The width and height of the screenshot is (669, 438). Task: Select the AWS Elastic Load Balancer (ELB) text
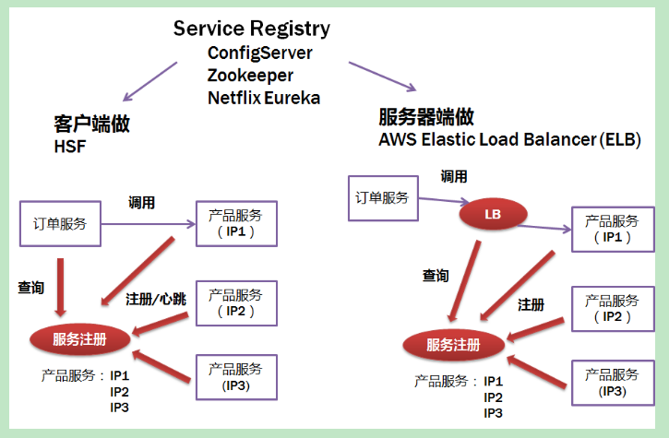click(509, 140)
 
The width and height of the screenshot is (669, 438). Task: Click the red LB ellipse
click(492, 216)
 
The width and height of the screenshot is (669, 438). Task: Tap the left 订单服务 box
click(60, 224)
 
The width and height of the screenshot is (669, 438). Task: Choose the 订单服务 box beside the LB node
click(382, 198)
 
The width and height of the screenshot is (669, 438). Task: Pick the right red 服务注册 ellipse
click(453, 345)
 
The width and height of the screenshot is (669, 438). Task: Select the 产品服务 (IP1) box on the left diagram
click(235, 222)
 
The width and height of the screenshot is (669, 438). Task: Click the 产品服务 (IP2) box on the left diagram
click(235, 302)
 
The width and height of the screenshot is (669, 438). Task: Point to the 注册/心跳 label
click(155, 299)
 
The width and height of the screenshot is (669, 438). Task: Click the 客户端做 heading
click(91, 124)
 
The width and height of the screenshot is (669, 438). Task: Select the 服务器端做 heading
click(426, 117)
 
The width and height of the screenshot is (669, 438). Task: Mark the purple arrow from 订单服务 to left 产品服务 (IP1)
click(148, 224)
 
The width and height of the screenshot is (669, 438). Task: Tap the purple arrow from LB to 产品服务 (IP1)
click(550, 230)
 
